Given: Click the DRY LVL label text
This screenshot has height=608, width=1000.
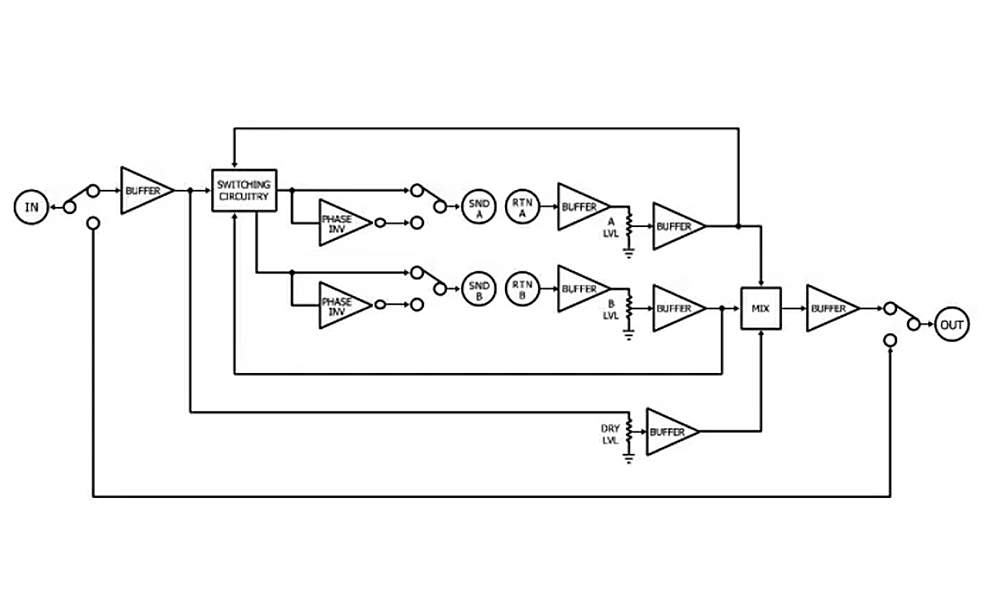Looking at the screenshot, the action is (610, 434).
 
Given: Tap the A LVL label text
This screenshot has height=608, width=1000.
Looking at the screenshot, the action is (611, 228).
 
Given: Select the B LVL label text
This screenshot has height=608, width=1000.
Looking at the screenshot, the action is (611, 310).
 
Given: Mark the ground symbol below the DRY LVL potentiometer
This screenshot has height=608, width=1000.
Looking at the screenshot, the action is (629, 457).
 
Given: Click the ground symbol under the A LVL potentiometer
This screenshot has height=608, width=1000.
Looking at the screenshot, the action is (629, 253).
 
